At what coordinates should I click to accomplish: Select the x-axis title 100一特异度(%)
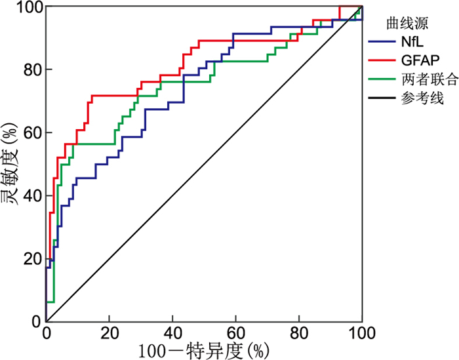(204, 350)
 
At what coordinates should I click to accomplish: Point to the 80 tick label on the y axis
(29, 70)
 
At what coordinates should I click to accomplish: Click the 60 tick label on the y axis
(29, 132)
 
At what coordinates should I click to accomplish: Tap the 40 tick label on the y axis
(29, 195)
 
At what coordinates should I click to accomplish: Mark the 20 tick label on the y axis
(29, 258)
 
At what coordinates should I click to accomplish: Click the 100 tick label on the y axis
(24, 7)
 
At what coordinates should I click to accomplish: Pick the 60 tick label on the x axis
(235, 333)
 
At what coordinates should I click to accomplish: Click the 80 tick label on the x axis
(299, 333)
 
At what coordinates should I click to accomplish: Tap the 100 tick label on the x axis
(362, 333)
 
